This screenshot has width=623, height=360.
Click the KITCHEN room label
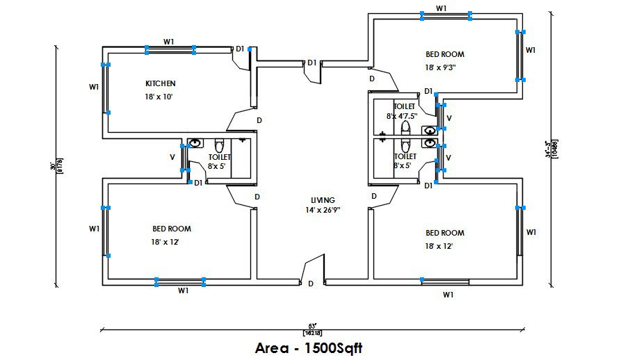click(x=160, y=83)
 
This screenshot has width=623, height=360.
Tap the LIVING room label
click(x=322, y=199)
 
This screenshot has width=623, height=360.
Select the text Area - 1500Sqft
click(x=309, y=347)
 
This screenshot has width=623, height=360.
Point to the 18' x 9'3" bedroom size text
click(x=444, y=68)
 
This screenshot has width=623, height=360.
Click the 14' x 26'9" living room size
click(x=322, y=210)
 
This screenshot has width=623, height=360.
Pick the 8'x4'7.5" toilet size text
click(x=402, y=116)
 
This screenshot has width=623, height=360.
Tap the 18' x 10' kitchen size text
click(x=159, y=97)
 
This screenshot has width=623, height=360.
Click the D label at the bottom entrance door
click(x=311, y=284)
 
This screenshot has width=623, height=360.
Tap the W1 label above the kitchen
click(x=169, y=42)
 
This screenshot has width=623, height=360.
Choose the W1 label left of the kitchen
click(x=94, y=87)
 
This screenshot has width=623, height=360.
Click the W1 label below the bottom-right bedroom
click(x=448, y=295)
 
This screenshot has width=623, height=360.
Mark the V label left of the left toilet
click(x=172, y=157)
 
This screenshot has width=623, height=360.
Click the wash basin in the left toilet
click(x=195, y=143)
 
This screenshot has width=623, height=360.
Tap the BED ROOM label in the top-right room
click(x=444, y=54)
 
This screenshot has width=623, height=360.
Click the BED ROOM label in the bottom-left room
click(x=172, y=229)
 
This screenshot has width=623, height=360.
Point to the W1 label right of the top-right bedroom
click(x=531, y=50)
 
